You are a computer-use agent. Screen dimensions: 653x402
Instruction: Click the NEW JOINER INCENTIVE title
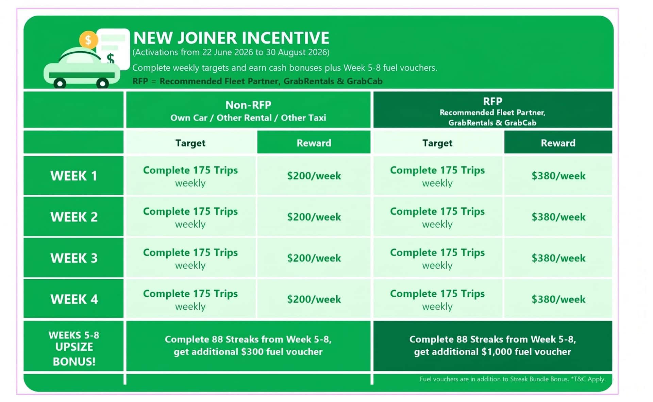pos(231,38)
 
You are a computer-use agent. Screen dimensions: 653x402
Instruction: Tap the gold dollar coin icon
pos(88,40)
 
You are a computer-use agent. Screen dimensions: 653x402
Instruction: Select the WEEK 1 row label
pos(73,176)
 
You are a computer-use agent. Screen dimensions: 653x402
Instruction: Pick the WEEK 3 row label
pos(73,258)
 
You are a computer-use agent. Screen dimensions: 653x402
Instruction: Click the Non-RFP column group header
pos(248,110)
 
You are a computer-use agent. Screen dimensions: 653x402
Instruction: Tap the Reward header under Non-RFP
pos(314,143)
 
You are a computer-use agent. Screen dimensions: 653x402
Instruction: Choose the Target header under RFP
pos(437,143)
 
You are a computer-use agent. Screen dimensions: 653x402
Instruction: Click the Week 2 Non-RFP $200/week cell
pos(314,217)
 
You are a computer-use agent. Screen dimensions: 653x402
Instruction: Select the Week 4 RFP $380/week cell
pos(558,299)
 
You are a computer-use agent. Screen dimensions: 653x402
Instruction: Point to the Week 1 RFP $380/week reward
pos(558,176)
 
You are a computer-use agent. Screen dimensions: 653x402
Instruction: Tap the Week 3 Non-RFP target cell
pos(190,258)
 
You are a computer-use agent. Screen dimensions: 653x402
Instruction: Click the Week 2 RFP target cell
pos(437,217)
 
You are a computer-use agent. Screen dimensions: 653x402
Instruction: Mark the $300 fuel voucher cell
pos(248,346)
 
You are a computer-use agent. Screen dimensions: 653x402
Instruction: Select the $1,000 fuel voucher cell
pos(492,346)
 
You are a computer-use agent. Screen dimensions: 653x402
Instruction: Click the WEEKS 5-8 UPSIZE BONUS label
pos(73,348)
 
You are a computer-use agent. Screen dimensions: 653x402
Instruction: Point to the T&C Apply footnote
pos(513,379)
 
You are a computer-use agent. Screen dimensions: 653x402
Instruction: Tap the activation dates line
pos(231,52)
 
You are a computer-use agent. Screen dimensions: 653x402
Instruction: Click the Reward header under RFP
pos(558,143)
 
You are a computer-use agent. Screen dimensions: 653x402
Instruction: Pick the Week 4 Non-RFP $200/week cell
pos(314,299)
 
